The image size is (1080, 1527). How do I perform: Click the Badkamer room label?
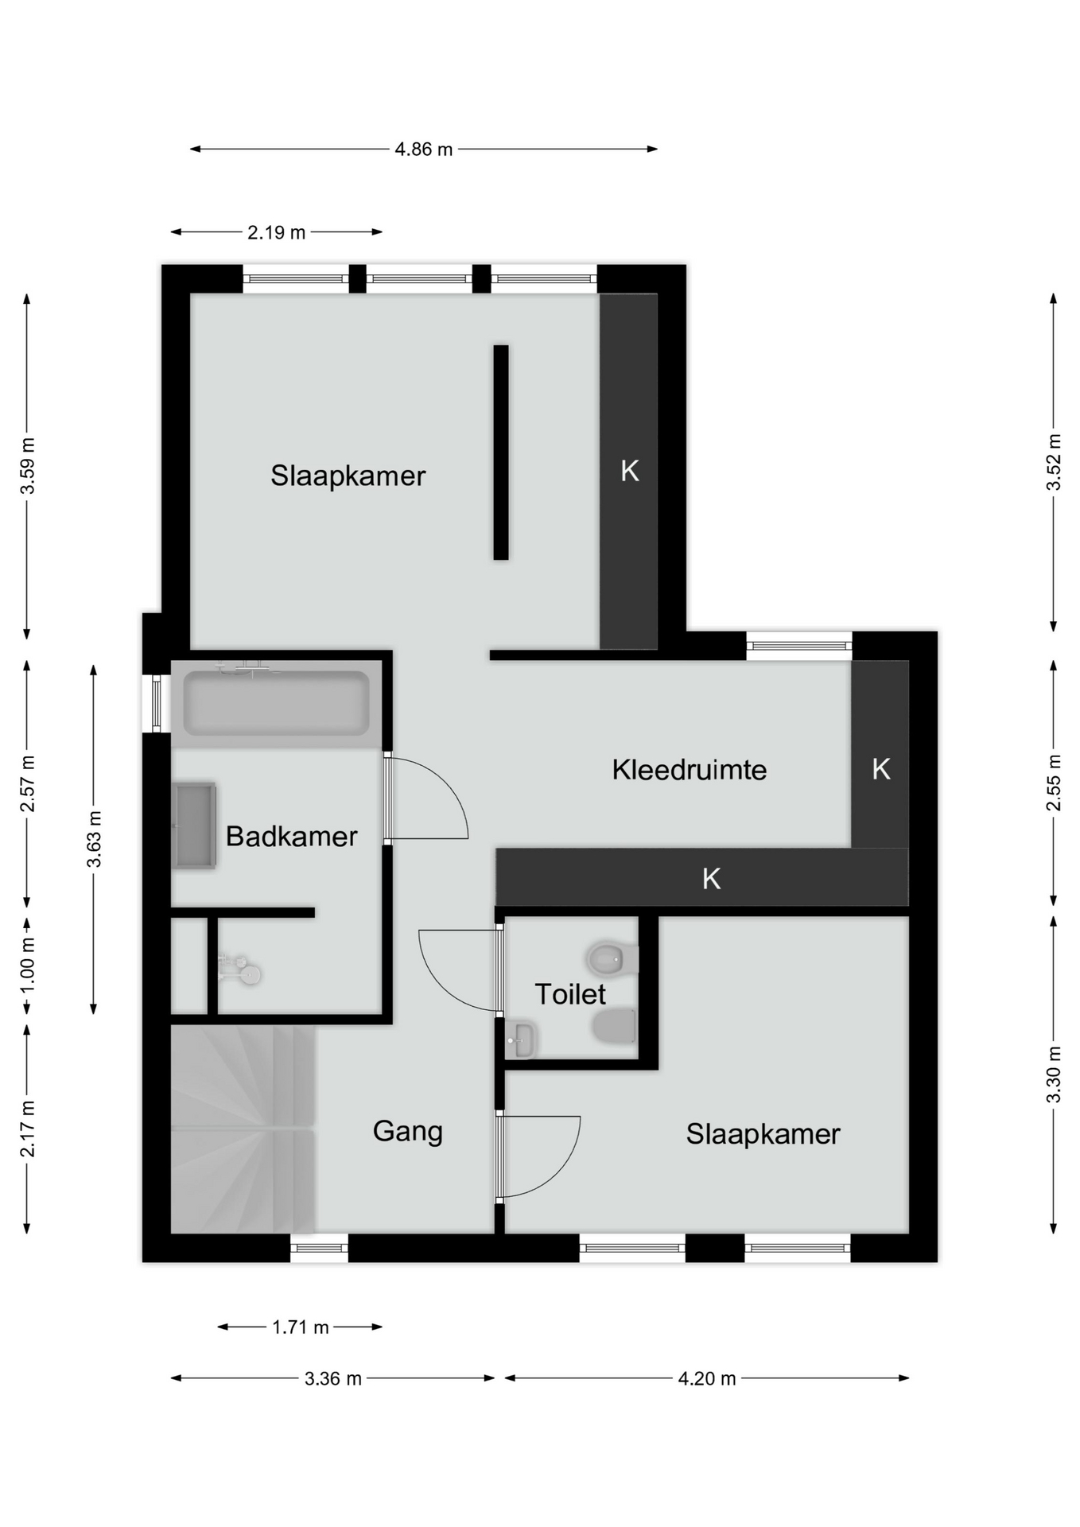click(292, 836)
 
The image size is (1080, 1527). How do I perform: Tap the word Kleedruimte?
click(690, 770)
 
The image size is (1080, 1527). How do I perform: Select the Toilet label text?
click(570, 994)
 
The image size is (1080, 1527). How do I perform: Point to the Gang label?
click(408, 1132)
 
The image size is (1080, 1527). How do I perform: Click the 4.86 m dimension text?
click(424, 149)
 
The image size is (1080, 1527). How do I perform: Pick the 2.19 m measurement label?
click(276, 232)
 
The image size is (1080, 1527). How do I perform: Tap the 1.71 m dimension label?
click(301, 1327)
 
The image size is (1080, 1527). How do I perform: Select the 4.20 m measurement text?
click(707, 1378)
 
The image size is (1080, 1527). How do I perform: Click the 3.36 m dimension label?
click(333, 1378)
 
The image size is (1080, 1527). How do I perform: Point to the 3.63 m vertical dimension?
click(94, 839)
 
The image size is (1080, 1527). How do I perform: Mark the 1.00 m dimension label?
click(27, 964)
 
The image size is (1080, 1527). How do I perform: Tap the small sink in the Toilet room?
click(521, 1039)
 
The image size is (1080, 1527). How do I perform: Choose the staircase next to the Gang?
click(243, 1129)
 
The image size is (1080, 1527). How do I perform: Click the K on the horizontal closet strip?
click(712, 879)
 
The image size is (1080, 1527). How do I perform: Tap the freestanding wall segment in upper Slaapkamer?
click(501, 453)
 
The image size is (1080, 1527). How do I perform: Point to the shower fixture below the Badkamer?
click(240, 969)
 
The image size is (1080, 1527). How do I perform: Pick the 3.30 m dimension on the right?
click(1054, 1074)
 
